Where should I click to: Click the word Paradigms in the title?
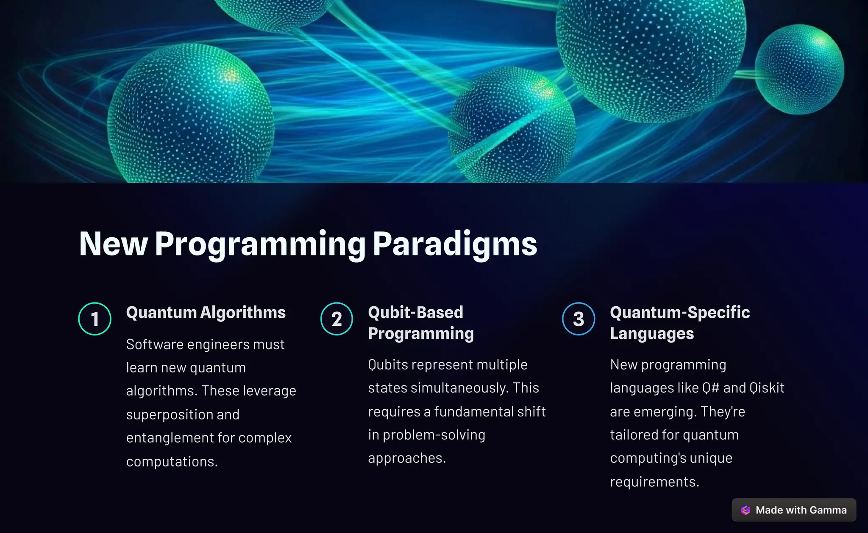coord(455,244)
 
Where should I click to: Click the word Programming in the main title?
coord(260,244)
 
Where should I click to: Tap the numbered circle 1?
coord(95,319)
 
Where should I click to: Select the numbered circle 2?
coord(337,319)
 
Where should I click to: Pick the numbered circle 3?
coord(579,319)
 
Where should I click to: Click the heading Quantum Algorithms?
coord(206,313)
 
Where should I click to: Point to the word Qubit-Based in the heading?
coord(415,313)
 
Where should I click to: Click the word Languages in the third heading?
coord(651,334)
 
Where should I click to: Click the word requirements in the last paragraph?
coord(654,482)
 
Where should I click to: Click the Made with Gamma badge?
coord(793,510)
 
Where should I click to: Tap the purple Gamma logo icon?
coord(746,510)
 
